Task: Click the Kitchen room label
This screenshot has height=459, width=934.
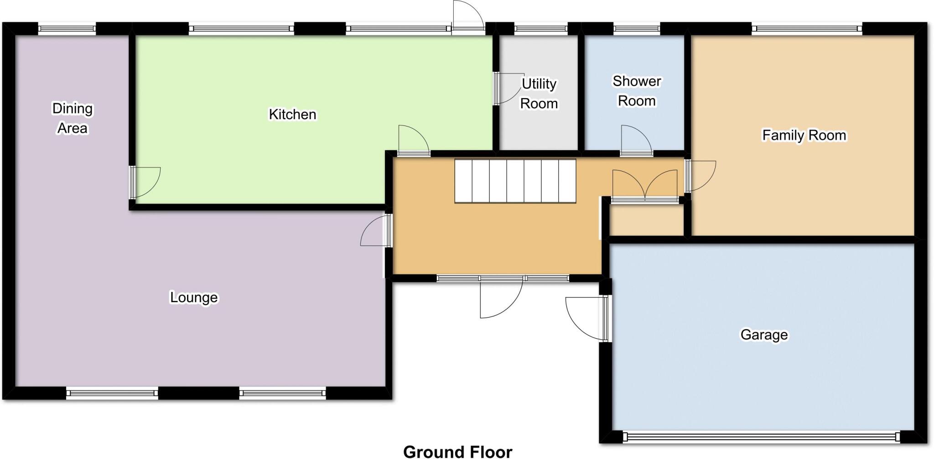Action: (x=292, y=114)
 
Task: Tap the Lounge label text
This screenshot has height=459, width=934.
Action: (x=194, y=297)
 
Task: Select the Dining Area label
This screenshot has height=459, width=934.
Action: (x=72, y=118)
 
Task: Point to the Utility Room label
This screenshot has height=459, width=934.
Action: (x=539, y=94)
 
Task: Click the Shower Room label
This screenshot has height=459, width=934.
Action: (x=637, y=91)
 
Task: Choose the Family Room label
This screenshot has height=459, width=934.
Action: (x=804, y=135)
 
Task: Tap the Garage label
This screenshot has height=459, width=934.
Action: (x=764, y=334)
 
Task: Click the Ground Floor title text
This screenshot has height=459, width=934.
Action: (x=457, y=451)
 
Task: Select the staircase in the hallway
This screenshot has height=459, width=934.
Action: (x=515, y=181)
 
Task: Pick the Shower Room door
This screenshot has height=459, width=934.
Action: (x=637, y=141)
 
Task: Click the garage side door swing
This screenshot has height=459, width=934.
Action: (x=586, y=318)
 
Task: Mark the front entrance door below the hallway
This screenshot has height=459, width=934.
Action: (x=500, y=297)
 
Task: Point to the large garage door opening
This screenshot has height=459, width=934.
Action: (x=761, y=437)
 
